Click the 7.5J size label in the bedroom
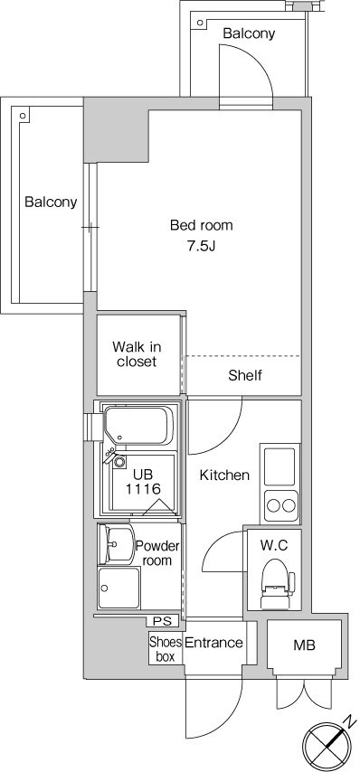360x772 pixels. [x=201, y=246]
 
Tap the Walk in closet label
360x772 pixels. [x=137, y=354]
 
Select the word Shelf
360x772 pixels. [x=245, y=376]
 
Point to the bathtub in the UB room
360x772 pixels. [x=138, y=425]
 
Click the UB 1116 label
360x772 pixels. [x=143, y=482]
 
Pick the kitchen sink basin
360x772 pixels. [x=280, y=465]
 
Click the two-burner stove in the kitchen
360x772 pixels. [x=280, y=505]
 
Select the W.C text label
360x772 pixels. [x=274, y=545]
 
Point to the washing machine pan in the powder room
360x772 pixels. [x=118, y=588]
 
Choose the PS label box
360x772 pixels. [x=162, y=621]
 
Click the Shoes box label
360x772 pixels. [x=166, y=649]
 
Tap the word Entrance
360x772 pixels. [x=213, y=643]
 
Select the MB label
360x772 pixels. [x=304, y=645]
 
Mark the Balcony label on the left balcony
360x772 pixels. [x=52, y=202]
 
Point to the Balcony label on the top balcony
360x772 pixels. [x=249, y=33]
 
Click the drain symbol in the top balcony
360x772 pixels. [x=200, y=23]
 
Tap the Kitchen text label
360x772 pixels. [x=224, y=475]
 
